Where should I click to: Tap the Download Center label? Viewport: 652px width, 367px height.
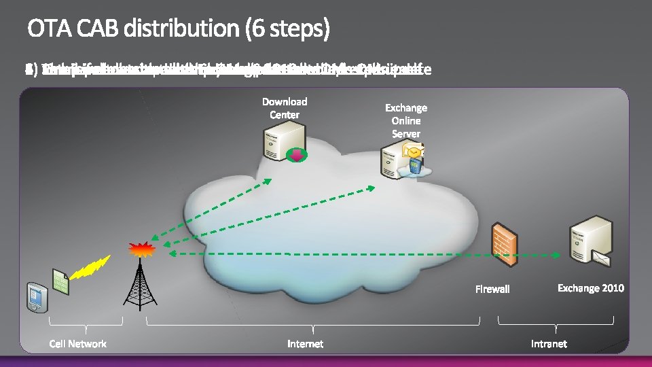point(285,108)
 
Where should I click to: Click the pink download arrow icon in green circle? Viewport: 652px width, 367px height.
point(296,156)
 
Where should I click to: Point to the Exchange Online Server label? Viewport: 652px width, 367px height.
point(406,120)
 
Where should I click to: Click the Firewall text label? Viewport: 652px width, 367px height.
point(492,290)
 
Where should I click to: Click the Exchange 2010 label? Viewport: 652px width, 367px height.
point(590,288)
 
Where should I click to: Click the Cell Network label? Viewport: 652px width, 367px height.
point(77,344)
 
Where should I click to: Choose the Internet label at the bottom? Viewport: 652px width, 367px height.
point(305,344)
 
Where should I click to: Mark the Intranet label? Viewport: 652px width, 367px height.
point(548,344)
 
